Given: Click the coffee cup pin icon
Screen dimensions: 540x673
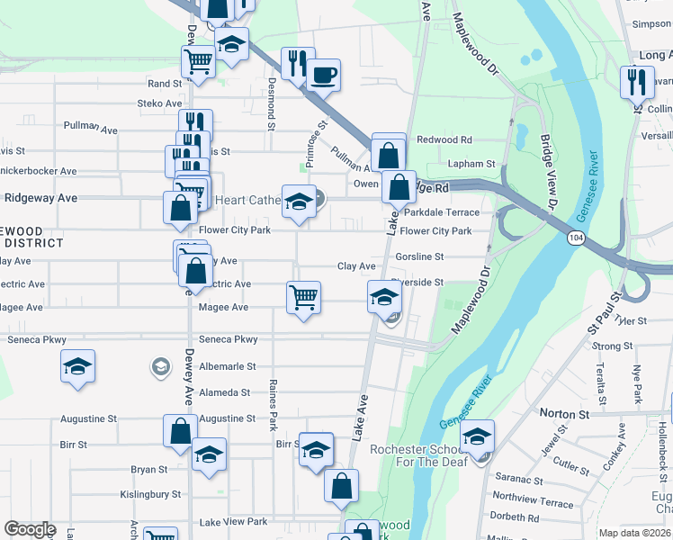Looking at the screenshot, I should pyautogui.click(x=323, y=75).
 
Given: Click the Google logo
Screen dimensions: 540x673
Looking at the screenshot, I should pyautogui.click(x=30, y=530).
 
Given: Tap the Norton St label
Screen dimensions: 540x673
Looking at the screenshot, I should pyautogui.click(x=563, y=414).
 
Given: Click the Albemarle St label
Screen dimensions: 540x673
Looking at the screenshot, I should pyautogui.click(x=227, y=366).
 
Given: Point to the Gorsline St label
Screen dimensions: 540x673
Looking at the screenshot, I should pyautogui.click(x=419, y=256).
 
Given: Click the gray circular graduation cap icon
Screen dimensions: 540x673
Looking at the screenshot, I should pyautogui.click(x=160, y=366).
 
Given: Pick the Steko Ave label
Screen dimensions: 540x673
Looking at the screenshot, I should pyautogui.click(x=159, y=103).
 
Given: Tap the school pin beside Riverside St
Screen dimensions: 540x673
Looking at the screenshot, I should pyautogui.click(x=383, y=297).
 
